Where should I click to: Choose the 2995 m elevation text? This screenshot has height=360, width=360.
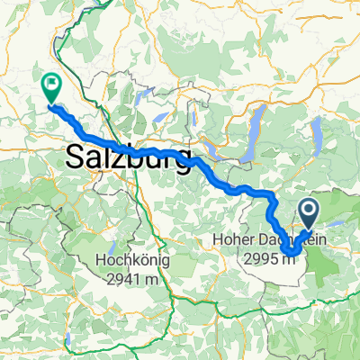click(269, 258)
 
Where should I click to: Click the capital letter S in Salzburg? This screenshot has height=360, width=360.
click(75, 160)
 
